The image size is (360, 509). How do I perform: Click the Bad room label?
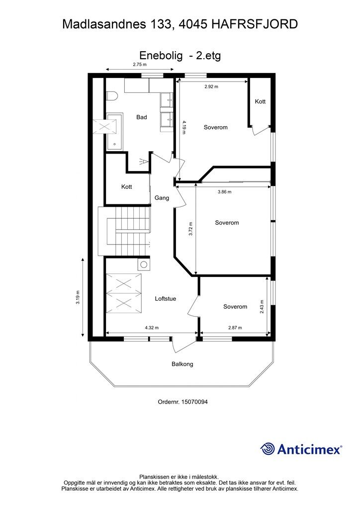coord(142,117)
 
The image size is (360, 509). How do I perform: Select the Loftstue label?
coord(165,299)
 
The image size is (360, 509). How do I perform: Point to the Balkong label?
coord(182,364)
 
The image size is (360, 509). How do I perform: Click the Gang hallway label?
coord(162,198)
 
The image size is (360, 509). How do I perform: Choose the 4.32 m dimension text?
coord(152,328)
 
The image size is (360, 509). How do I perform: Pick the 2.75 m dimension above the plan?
coord(140,64)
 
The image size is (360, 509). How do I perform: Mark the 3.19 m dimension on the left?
coord(78,297)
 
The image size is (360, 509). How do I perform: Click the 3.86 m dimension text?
coord(224,192)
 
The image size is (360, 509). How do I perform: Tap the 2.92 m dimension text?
coord(211,86)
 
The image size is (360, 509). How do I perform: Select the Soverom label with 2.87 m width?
coord(235,306)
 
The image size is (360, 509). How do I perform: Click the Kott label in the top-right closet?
coord(260,101)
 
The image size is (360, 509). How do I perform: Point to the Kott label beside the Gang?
coord(127,187)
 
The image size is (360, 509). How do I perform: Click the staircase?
coord(125,231)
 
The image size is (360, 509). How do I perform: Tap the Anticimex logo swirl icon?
coord(268,449)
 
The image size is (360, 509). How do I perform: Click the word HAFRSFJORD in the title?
coord(255,24)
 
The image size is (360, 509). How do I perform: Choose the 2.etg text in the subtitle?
coord(208,56)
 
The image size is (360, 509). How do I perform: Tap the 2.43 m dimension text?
coord(262,306)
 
